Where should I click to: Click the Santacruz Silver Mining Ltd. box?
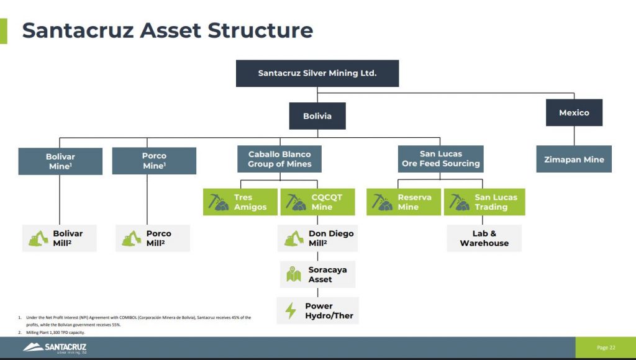click(x=317, y=73)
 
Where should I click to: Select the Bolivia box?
click(x=317, y=116)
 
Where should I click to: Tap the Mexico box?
click(x=574, y=113)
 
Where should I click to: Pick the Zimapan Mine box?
click(x=574, y=160)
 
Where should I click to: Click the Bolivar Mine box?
click(x=60, y=161)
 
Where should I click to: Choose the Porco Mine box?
click(x=154, y=161)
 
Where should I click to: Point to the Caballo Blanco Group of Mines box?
click(x=279, y=159)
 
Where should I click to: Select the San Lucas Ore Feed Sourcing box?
click(x=440, y=159)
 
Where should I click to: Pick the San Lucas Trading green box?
click(x=484, y=202)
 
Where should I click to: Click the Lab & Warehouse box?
click(x=484, y=238)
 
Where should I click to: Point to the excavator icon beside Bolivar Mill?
click(x=39, y=238)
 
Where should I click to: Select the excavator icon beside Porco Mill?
click(x=132, y=238)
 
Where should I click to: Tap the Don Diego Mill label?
click(x=331, y=238)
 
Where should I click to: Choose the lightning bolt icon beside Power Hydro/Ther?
click(x=291, y=310)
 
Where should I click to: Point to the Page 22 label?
click(x=606, y=348)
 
